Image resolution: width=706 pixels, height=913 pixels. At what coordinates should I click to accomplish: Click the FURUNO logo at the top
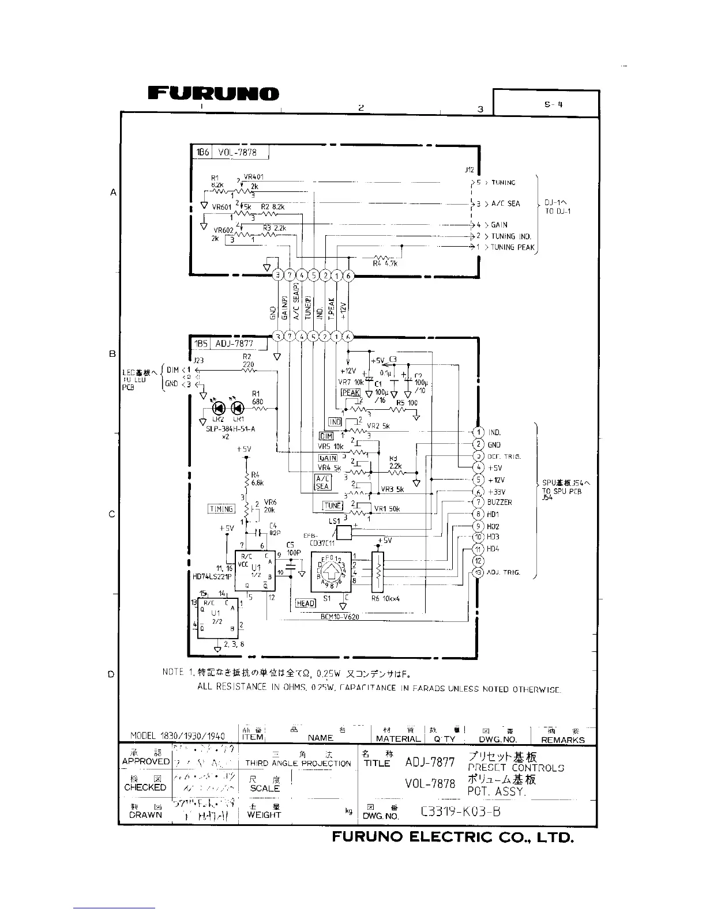click(213, 94)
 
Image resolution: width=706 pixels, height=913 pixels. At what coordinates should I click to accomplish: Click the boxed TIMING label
click(221, 509)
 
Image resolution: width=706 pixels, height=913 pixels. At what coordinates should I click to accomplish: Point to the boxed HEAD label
click(306, 603)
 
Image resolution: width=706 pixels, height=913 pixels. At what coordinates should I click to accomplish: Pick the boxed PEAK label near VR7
click(350, 393)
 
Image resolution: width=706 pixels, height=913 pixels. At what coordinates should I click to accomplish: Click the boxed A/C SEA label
click(322, 482)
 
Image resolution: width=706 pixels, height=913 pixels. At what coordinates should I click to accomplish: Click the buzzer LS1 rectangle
click(344, 533)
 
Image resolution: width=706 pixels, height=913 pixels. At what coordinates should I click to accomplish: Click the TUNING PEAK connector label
click(513, 247)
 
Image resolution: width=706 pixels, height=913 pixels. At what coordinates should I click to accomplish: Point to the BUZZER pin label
click(500, 502)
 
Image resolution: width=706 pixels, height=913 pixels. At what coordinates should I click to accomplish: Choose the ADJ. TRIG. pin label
click(504, 572)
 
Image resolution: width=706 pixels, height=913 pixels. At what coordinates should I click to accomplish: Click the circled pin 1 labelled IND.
click(478, 432)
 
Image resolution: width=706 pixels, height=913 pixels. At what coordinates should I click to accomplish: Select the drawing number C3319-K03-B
click(461, 812)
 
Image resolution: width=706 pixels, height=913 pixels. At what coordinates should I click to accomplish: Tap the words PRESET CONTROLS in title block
click(516, 768)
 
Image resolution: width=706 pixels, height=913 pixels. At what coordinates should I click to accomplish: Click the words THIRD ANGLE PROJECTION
click(298, 763)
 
